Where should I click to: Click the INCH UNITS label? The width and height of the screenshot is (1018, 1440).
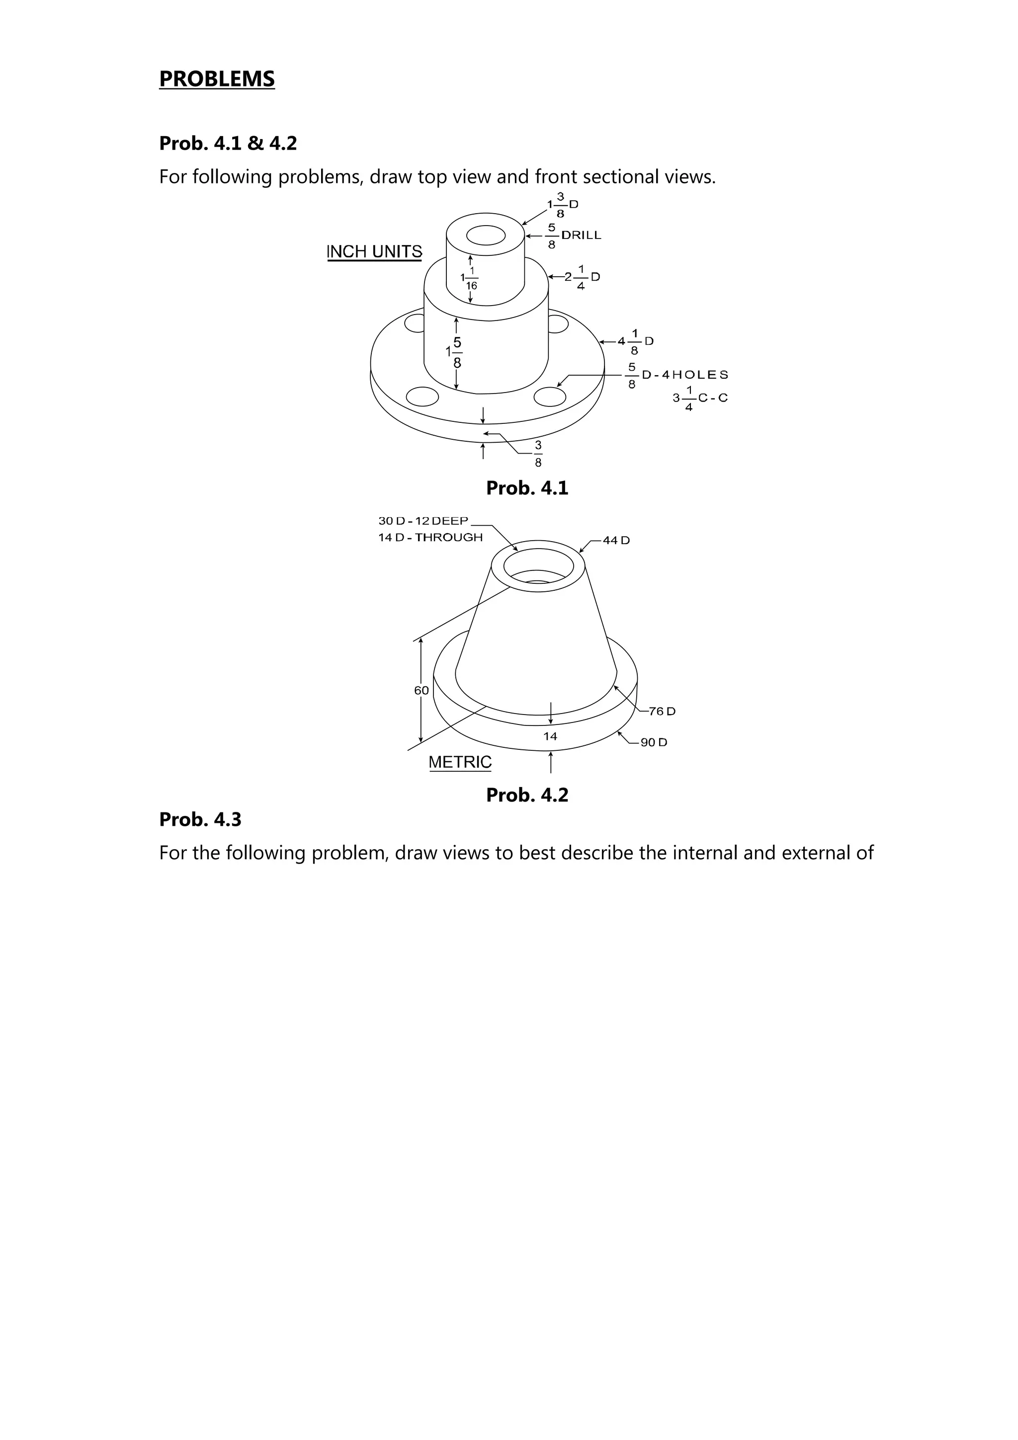click(x=374, y=251)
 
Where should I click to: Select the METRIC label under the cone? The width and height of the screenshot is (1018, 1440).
click(x=460, y=762)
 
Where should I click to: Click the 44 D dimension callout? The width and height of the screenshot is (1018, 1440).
click(x=616, y=541)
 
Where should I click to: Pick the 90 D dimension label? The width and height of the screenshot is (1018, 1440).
click(x=654, y=742)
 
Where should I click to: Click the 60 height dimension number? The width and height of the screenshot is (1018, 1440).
click(x=422, y=691)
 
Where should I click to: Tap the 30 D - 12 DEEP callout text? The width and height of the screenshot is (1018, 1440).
click(x=424, y=521)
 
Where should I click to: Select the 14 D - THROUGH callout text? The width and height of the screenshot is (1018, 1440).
click(x=430, y=538)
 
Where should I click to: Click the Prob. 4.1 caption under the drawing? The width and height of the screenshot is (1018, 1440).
click(x=527, y=488)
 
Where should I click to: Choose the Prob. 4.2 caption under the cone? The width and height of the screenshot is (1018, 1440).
click(x=527, y=795)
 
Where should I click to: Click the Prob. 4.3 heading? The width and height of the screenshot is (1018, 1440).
click(x=200, y=820)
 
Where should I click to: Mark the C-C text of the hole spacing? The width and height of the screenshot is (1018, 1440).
click(x=713, y=398)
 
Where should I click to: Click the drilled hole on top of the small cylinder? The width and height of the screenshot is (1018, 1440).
click(x=486, y=236)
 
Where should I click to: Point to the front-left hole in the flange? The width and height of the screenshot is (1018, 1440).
click(x=422, y=397)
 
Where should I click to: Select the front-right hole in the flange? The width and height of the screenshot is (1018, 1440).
click(x=550, y=397)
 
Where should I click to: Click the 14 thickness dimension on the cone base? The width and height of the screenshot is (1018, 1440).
click(x=550, y=736)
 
